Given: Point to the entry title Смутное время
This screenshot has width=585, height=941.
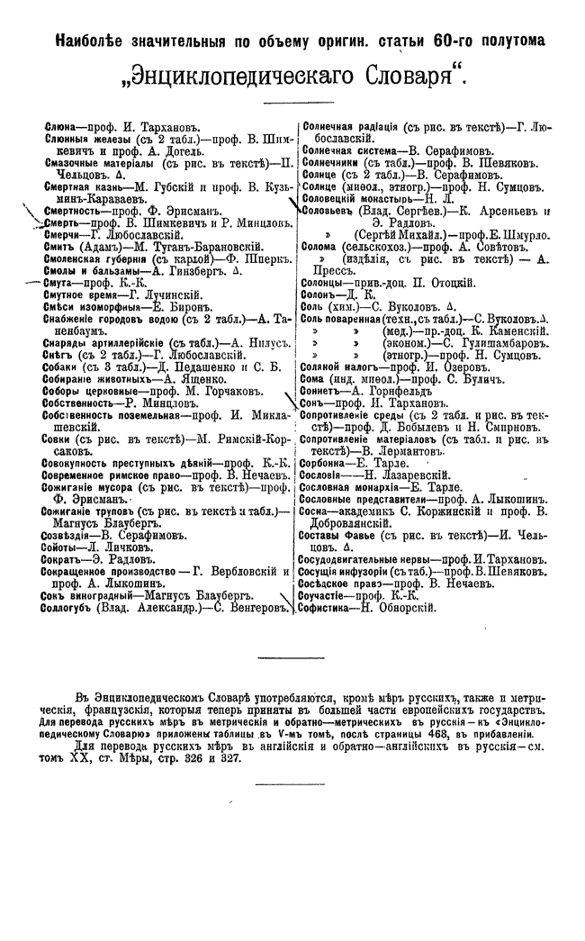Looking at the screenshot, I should [83, 294].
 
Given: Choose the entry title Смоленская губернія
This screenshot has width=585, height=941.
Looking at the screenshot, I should [98, 258].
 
